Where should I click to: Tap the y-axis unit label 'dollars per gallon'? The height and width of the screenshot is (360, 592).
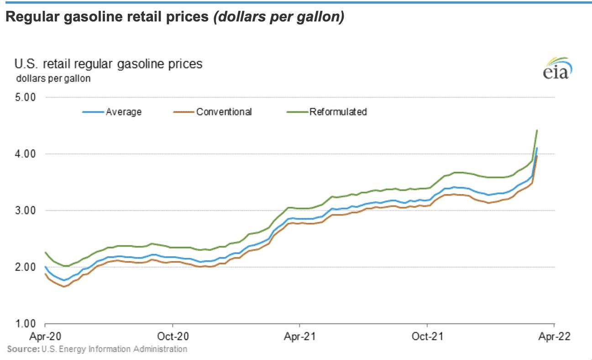[53, 78]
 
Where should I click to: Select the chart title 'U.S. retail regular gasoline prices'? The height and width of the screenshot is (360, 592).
[109, 63]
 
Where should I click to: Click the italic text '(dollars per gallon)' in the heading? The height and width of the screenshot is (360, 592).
[278, 18]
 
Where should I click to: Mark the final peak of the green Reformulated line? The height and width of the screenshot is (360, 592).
[537, 130]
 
